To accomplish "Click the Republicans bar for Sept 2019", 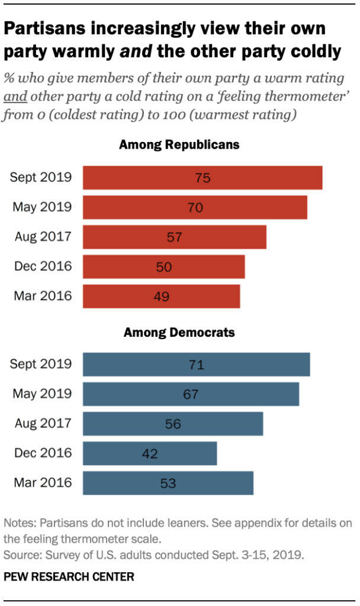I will (x=202, y=178).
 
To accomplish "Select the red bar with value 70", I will (x=195, y=208).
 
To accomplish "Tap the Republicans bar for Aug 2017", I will (x=174, y=237).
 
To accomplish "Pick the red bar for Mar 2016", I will (x=161, y=296).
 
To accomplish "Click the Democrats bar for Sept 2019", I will (x=196, y=365).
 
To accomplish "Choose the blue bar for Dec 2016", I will (x=150, y=453).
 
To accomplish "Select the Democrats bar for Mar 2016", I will (x=168, y=483).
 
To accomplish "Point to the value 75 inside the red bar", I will (x=202, y=178).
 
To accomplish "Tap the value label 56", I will (x=173, y=424).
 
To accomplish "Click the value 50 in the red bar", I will (x=164, y=267).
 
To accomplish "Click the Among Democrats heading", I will (x=179, y=332).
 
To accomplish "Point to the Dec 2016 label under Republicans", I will (x=43, y=266).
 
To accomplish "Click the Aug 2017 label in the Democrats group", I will (x=43, y=423).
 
